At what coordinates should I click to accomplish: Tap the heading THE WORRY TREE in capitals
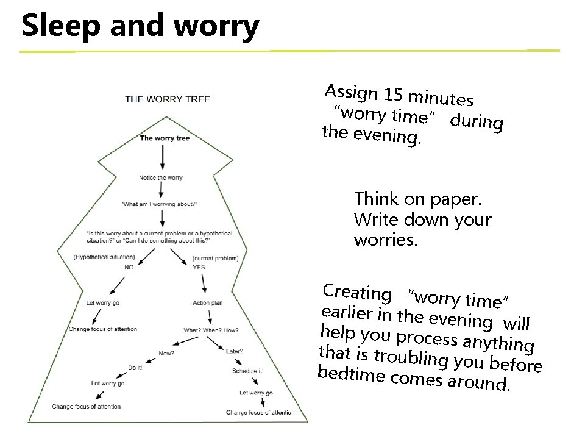pyautogui.click(x=168, y=99)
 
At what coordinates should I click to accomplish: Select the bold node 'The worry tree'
pyautogui.click(x=165, y=138)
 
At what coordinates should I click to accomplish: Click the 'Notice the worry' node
pyautogui.click(x=161, y=177)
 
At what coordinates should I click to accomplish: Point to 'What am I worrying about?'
pyautogui.click(x=160, y=203)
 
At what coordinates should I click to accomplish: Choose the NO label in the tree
pyautogui.click(x=129, y=267)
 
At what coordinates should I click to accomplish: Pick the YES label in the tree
pyautogui.click(x=199, y=267)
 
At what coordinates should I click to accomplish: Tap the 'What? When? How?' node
pyautogui.click(x=211, y=330)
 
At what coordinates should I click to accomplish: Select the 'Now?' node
pyautogui.click(x=166, y=353)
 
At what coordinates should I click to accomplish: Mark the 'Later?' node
pyautogui.click(x=235, y=351)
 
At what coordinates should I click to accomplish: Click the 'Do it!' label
pyautogui.click(x=135, y=368)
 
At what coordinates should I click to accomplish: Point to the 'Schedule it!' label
pyautogui.click(x=248, y=371)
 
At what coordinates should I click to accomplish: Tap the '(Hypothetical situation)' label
pyautogui.click(x=100, y=257)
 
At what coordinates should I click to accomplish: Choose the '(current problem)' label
pyautogui.click(x=214, y=259)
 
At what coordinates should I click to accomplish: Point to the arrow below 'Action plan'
pyautogui.click(x=210, y=316)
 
